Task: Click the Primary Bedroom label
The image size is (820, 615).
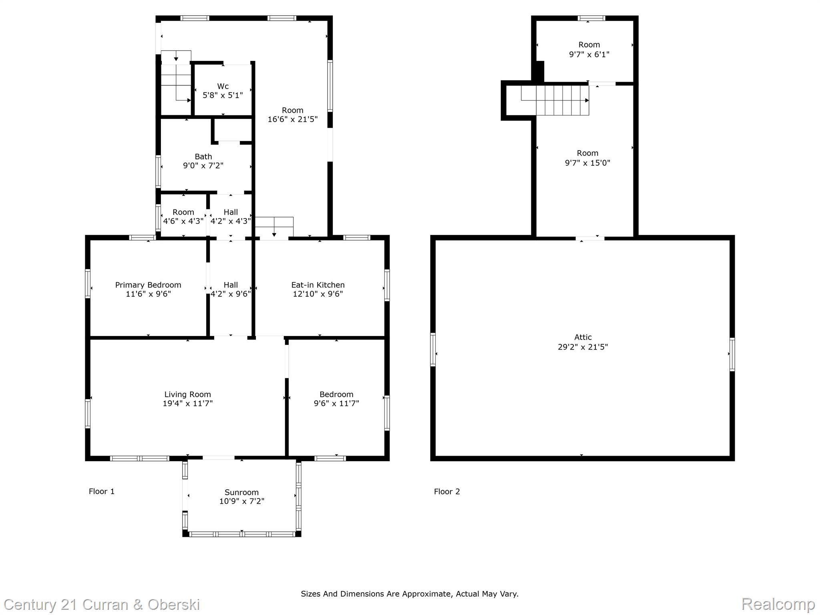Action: click(148, 285)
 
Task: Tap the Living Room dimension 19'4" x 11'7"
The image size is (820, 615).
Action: click(187, 403)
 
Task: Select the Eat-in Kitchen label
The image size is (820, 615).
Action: click(318, 285)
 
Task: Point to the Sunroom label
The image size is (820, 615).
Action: click(241, 492)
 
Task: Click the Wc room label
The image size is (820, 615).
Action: click(223, 86)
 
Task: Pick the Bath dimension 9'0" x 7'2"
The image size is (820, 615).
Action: click(203, 165)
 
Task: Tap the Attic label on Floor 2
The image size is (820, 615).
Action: click(583, 338)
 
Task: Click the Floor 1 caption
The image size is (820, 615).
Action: click(102, 491)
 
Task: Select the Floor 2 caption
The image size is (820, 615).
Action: click(447, 491)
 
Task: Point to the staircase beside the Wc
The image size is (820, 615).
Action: click(176, 82)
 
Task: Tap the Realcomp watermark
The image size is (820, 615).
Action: click(778, 604)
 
